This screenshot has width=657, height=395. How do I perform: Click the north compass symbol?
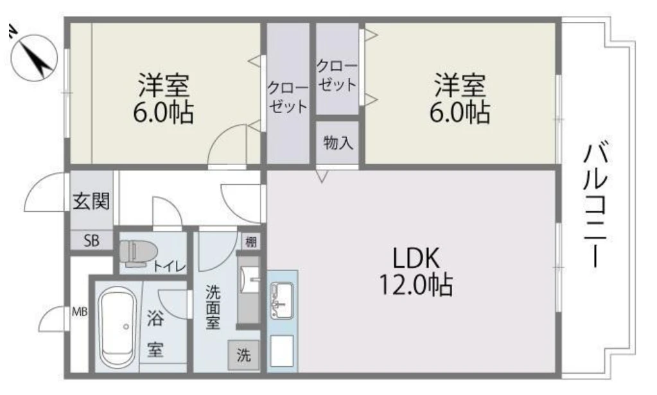(33, 57)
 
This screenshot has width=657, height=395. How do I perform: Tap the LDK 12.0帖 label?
(416, 272)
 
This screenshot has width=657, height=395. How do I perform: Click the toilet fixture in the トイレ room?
(137, 253)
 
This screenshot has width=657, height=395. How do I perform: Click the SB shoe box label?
(91, 241)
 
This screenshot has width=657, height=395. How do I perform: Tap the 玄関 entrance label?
(91, 201)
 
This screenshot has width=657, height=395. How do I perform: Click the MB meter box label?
(80, 312)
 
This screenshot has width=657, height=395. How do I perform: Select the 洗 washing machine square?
(244, 355)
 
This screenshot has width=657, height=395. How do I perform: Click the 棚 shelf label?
(251, 241)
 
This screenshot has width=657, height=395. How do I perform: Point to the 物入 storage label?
(338, 143)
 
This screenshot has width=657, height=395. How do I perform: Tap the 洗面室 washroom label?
(213, 307)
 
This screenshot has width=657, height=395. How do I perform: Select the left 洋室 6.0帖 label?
(163, 99)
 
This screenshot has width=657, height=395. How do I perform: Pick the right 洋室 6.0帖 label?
(460, 99)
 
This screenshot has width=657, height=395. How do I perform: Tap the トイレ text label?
(170, 267)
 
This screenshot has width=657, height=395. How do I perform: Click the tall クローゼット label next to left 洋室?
(288, 97)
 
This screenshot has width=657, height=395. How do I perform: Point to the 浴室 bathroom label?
(155, 333)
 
